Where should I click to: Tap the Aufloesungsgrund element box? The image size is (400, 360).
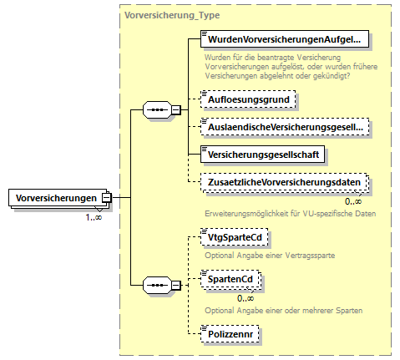tap(248, 99)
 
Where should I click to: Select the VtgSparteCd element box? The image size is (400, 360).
tap(235, 237)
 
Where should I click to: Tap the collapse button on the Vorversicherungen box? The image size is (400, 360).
tap(107, 197)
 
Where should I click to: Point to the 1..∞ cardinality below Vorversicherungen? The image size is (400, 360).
tap(94, 217)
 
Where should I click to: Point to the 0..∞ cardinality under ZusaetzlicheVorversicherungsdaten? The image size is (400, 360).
tap(352, 201)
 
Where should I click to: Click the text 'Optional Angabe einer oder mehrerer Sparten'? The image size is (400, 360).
tap(283, 311)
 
